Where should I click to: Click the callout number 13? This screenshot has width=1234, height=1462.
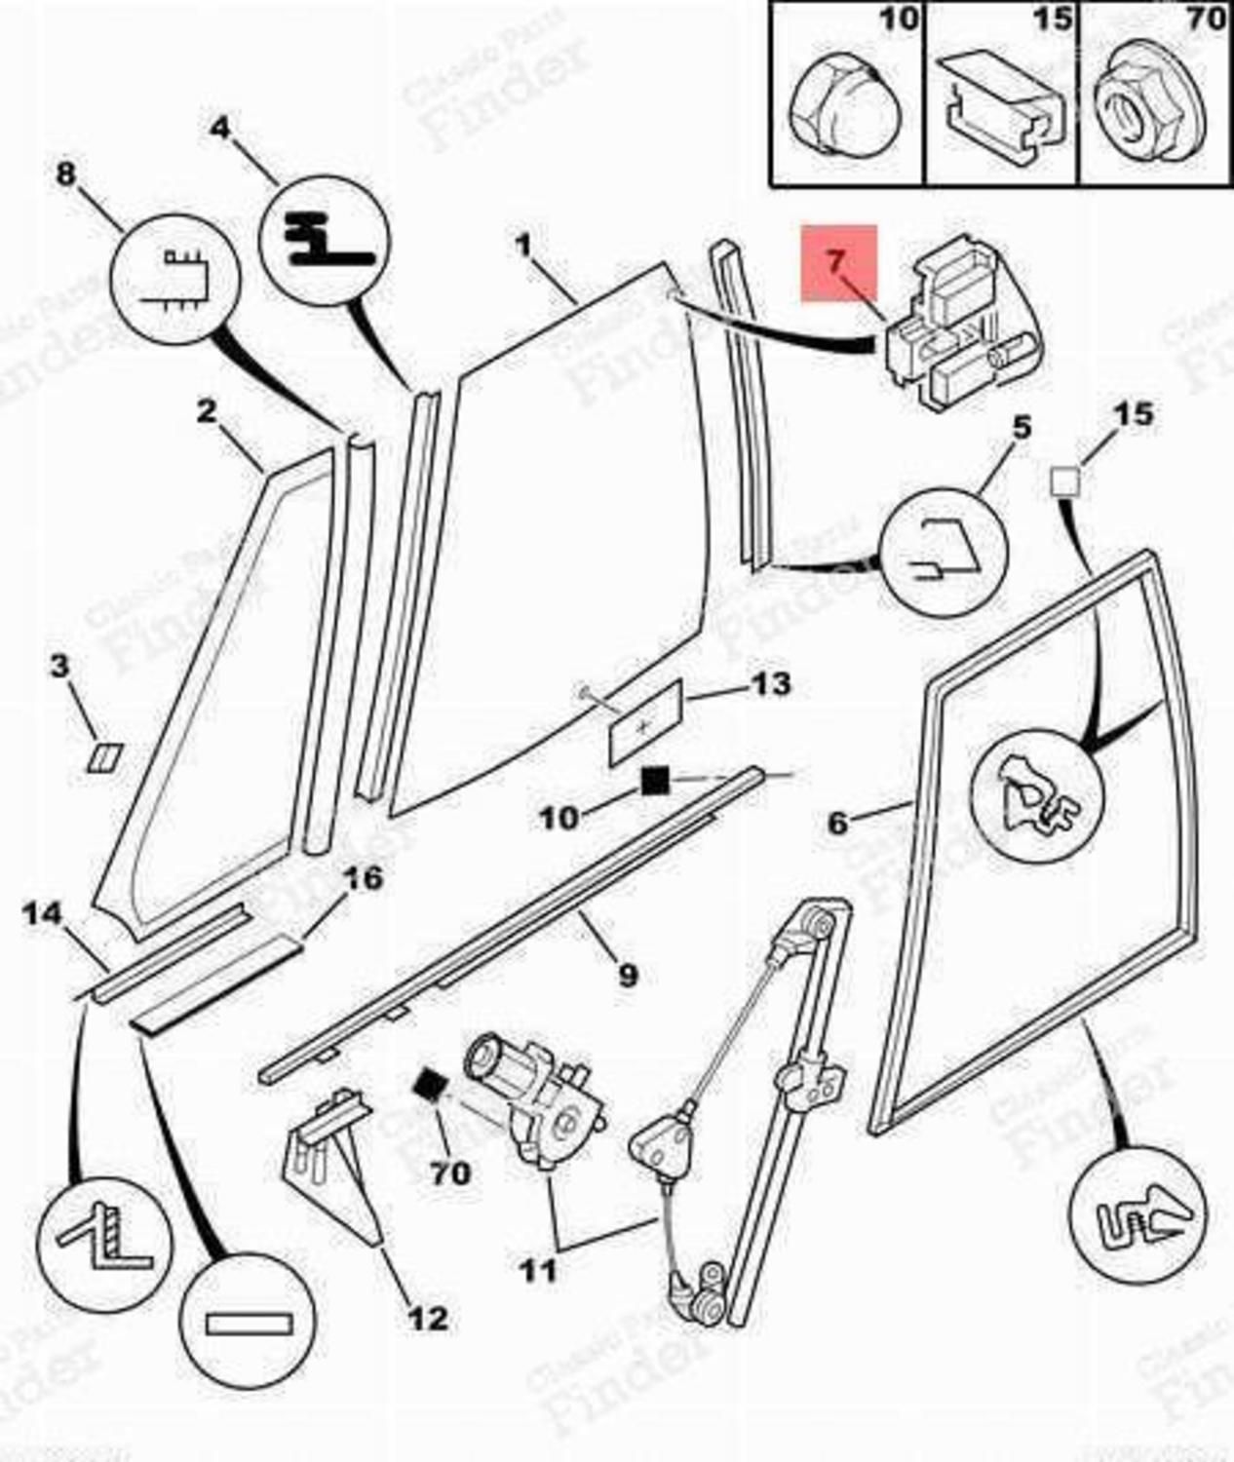(769, 684)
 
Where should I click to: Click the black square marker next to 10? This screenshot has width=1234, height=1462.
(654, 781)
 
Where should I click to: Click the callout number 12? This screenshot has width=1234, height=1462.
(427, 1319)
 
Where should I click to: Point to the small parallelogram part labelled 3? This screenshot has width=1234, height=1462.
(103, 757)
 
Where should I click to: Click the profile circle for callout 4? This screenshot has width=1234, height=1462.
(325, 240)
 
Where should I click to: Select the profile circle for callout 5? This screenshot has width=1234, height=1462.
(944, 552)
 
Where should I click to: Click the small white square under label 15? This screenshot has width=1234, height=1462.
(1064, 481)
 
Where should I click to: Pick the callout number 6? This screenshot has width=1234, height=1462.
(837, 823)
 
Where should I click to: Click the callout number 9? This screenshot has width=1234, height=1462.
(628, 973)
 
